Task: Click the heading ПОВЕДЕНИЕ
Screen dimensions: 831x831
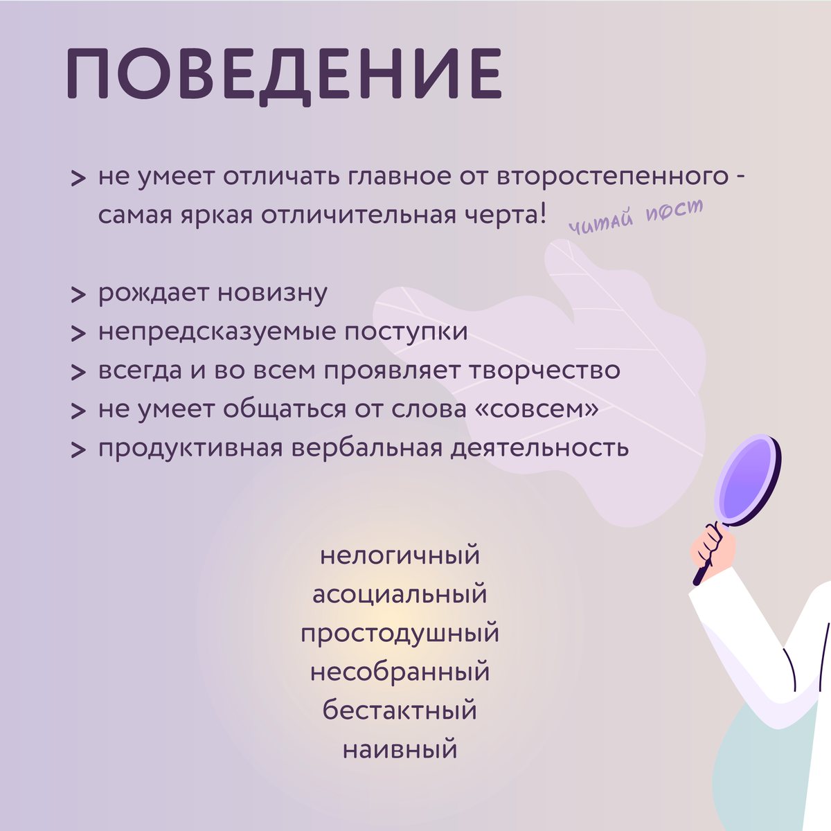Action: pos(284,76)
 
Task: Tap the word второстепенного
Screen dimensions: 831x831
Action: pos(612,177)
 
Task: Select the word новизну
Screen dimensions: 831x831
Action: pos(273,293)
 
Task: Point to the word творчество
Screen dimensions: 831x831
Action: pos(545,371)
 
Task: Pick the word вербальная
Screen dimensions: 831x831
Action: pos(367,449)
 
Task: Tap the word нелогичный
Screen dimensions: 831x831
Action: pos(400,555)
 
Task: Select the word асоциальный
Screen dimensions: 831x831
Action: pos(400,594)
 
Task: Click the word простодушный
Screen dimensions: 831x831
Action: pos(400,634)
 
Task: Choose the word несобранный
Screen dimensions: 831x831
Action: pos(400,672)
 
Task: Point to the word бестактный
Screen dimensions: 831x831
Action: pos(400,711)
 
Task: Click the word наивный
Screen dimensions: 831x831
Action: pos(400,749)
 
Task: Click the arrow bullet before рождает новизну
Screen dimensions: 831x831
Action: pos(78,294)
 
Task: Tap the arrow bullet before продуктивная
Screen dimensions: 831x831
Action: pos(78,449)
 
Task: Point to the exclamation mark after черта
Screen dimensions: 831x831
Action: pos(542,214)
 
